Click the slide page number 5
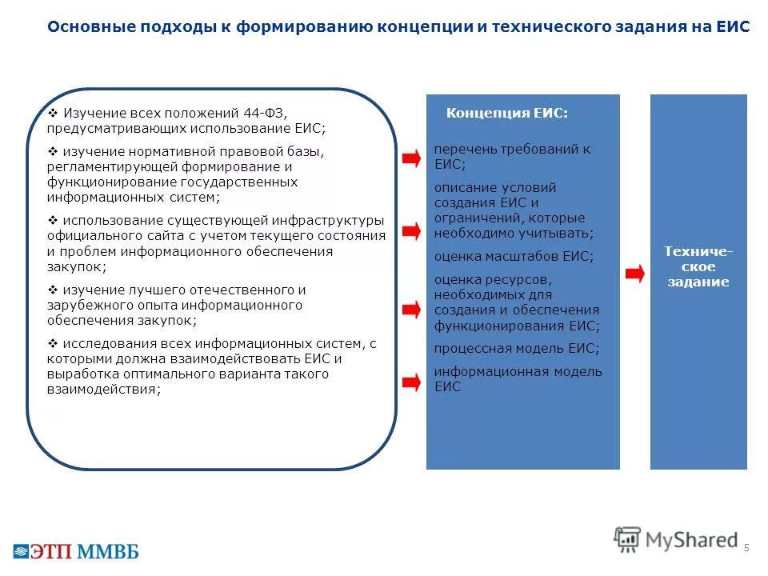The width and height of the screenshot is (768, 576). tap(746, 547)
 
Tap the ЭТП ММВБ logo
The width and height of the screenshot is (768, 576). tap(75, 550)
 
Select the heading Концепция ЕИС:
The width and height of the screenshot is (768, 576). tap(506, 114)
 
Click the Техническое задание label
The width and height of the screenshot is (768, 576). tap(698, 267)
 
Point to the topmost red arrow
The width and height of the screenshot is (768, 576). tap(410, 158)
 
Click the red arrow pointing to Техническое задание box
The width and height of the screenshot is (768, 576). tap(634, 274)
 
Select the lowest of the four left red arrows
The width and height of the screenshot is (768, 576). tap(410, 382)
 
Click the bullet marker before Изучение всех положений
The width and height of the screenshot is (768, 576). tap(53, 113)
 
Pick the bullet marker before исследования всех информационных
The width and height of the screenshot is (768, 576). tap(53, 343)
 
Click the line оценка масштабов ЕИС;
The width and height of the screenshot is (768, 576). tap(514, 257)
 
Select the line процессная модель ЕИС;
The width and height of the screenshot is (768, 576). tap(516, 349)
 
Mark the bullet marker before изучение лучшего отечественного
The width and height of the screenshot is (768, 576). tap(53, 290)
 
